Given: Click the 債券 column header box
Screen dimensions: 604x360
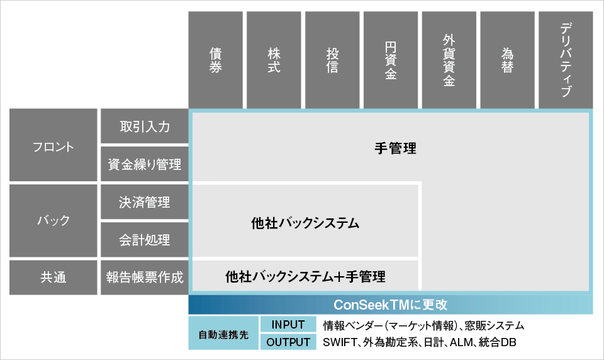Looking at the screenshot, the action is pos(216,60).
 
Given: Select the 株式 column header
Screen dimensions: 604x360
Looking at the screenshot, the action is pos(274,60).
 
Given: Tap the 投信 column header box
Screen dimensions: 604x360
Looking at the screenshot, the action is pos(332,60).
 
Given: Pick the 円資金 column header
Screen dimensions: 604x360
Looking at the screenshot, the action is pos(391,60).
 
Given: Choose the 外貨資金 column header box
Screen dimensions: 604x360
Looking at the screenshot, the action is pos(449,60).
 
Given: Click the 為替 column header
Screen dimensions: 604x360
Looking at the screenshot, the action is pos(507,60).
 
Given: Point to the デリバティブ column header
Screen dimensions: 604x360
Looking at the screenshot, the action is pos(566,60).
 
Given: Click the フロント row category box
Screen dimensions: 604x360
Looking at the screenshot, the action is pos(53,145).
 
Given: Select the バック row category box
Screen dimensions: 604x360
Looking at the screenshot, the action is pos(53,220).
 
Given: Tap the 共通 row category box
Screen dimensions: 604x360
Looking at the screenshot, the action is pos(53,278).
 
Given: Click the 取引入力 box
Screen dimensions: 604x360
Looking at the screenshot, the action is pos(145,126).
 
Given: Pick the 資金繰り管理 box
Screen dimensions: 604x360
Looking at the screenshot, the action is pos(145,164).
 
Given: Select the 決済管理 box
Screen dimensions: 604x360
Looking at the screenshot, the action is pos(145,201).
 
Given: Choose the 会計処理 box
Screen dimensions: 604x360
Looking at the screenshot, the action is pos(145,240).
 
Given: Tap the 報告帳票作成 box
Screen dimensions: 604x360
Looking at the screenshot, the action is pos(145,278).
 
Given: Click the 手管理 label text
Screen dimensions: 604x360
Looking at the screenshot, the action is pos(395,149).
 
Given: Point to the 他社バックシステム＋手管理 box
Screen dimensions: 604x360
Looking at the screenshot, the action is pos(306,276).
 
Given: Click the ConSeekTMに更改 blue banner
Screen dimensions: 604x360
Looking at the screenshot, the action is pos(391,305).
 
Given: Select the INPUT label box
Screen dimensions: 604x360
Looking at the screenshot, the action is pos(288,325).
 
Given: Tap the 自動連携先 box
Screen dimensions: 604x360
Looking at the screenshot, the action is pos(223,334).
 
